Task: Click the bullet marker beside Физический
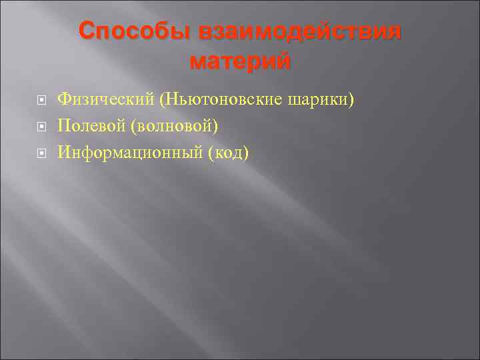click(41, 101)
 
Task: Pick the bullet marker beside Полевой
click(41, 127)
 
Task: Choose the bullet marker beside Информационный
click(41, 153)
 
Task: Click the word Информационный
click(130, 153)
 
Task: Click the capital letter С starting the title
click(86, 31)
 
